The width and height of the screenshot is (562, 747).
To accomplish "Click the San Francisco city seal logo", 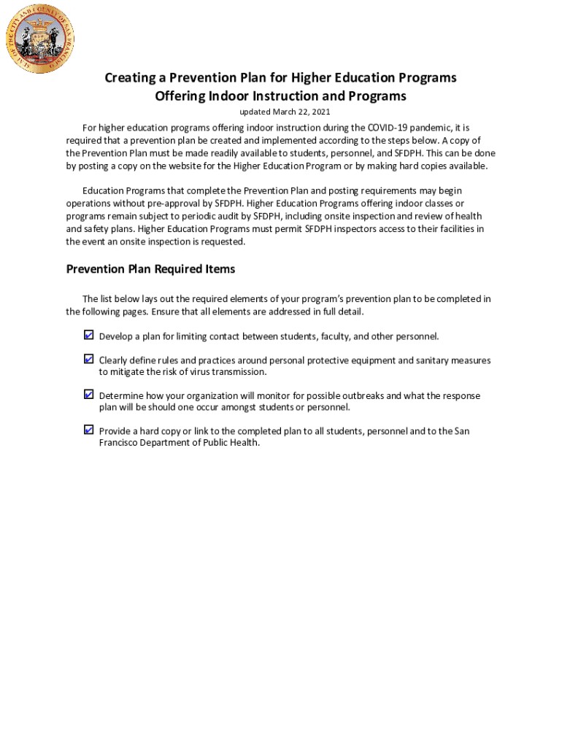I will (x=40, y=38).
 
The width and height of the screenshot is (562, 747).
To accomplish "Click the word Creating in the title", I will (x=130, y=78).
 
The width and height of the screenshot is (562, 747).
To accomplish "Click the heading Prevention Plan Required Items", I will (x=150, y=269).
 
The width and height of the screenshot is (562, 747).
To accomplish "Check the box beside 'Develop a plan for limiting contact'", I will (x=88, y=336).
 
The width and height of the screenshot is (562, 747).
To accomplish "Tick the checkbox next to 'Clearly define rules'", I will (x=88, y=359).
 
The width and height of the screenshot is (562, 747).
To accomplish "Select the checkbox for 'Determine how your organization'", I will (x=88, y=395).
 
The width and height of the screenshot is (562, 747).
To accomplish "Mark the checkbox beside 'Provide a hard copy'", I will (x=88, y=430).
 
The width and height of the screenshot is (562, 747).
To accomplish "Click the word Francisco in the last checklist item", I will (x=120, y=443).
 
